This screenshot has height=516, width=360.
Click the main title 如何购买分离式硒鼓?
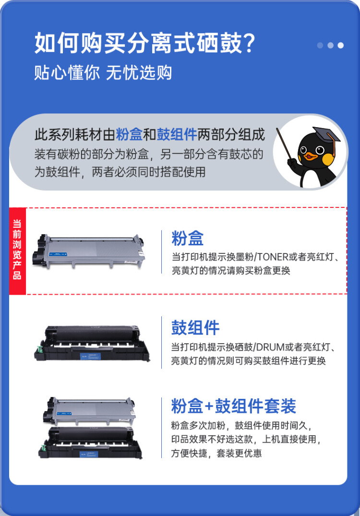(x=144, y=44)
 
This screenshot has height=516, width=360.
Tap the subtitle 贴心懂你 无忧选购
(x=103, y=72)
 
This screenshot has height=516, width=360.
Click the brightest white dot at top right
(x=341, y=45)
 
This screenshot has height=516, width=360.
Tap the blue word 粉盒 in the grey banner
(x=129, y=135)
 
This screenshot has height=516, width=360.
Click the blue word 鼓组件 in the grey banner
(x=177, y=135)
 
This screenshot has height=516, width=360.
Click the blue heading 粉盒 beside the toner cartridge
(x=188, y=238)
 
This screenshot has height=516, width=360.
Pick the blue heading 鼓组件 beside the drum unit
(x=195, y=328)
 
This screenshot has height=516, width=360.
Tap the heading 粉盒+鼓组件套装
(x=234, y=406)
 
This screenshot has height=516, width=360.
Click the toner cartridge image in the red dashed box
(x=89, y=251)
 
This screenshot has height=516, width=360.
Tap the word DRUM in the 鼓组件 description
(x=272, y=347)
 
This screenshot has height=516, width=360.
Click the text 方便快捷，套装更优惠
(x=216, y=453)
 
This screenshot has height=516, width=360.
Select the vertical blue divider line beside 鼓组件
(x=161, y=342)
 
